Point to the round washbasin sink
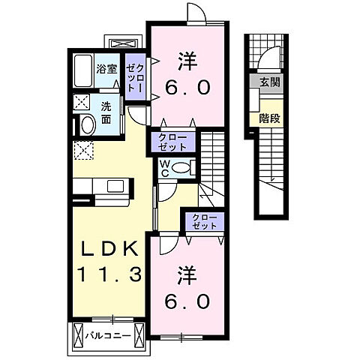pyautogui.click(x=86, y=125)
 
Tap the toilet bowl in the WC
pyautogui.click(x=180, y=169)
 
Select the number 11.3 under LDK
pyautogui.click(x=106, y=275)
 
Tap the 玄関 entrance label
pyautogui.click(x=268, y=82)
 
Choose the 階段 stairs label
pyautogui.click(x=268, y=117)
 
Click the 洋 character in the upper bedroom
pyautogui.click(x=187, y=58)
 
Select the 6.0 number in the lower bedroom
pyautogui.click(x=187, y=301)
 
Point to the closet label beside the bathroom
pyautogui.click(x=135, y=77)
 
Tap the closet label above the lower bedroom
pyautogui.click(x=204, y=221)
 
